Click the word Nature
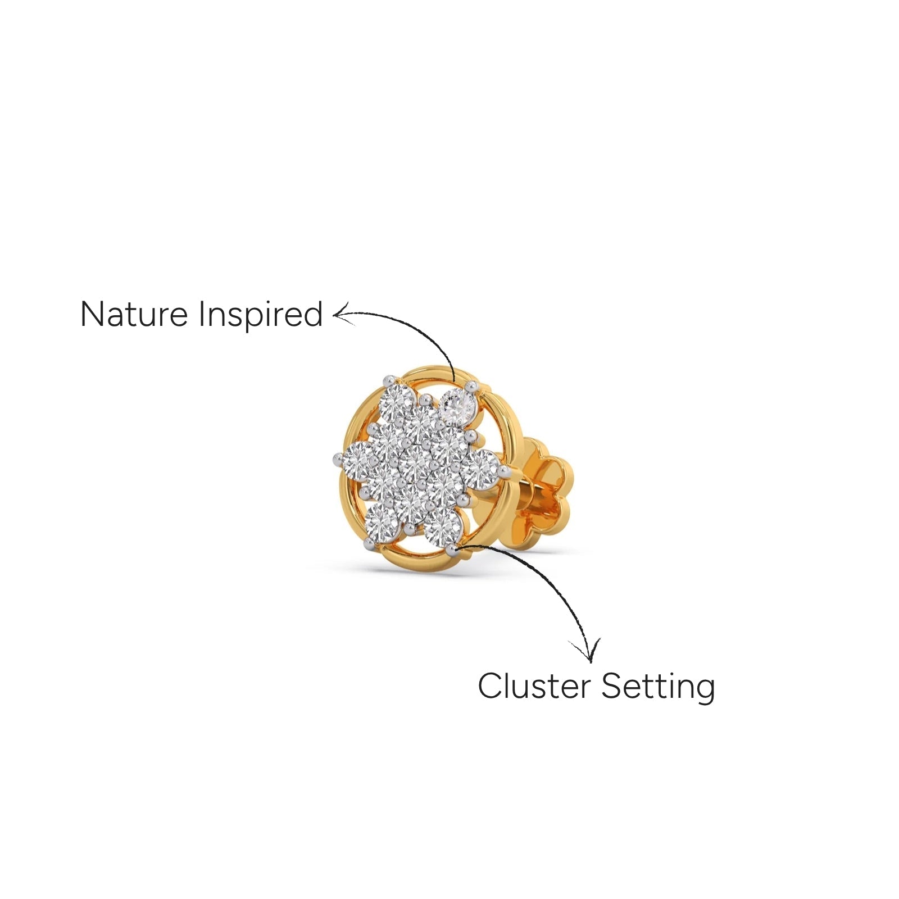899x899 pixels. tap(134, 314)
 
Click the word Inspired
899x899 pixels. tap(261, 315)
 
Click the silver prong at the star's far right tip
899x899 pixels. tap(503, 470)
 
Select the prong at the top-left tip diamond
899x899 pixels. tap(387, 380)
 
